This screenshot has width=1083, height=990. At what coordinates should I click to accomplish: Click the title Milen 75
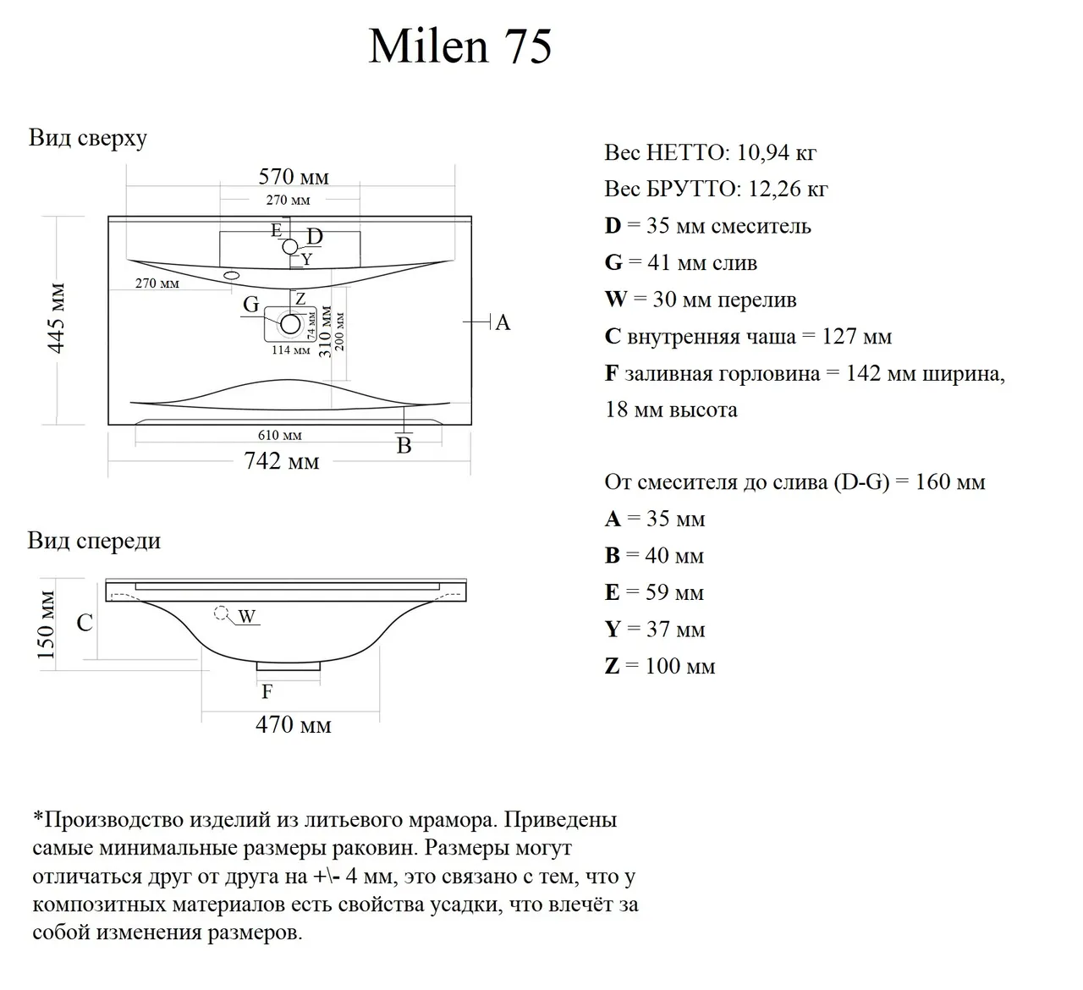click(460, 46)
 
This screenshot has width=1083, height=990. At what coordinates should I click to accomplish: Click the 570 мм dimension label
click(294, 177)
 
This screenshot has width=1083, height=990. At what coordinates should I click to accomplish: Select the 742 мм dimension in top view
click(282, 462)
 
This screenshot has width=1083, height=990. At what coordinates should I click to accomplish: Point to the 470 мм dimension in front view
click(294, 725)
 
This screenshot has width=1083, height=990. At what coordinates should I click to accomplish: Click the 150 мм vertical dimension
click(47, 624)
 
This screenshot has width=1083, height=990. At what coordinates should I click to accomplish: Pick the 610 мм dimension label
click(280, 436)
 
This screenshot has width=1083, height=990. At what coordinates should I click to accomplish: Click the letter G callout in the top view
click(251, 305)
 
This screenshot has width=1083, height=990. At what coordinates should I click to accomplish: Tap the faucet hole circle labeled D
click(290, 246)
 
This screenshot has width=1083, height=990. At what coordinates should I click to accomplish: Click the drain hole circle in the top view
click(290, 323)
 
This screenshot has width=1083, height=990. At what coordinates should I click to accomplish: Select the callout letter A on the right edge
click(503, 322)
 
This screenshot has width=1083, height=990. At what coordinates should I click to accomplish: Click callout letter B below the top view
click(404, 446)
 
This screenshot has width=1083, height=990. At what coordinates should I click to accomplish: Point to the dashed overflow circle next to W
click(223, 613)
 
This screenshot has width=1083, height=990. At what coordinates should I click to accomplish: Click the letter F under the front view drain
click(267, 692)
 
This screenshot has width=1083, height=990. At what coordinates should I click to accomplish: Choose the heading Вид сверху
click(88, 138)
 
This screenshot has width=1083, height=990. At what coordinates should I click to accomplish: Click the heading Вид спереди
click(94, 541)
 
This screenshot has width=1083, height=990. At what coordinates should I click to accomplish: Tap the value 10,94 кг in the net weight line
click(777, 153)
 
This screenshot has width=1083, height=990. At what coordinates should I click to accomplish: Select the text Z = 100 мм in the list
click(660, 666)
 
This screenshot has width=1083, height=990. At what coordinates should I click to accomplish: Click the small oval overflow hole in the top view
click(232, 275)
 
